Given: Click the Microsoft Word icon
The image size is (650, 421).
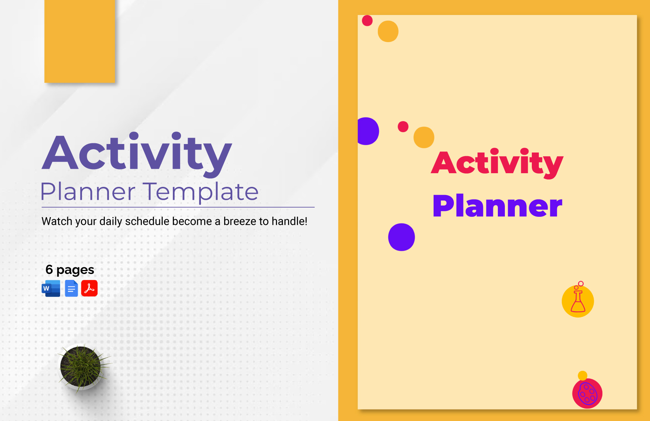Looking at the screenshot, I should (x=51, y=288).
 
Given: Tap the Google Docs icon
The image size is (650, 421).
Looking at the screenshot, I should (x=71, y=288).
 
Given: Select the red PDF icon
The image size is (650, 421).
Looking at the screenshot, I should (x=89, y=288).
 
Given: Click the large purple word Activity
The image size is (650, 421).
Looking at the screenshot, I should (x=137, y=153).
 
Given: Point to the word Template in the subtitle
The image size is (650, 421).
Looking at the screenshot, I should (x=201, y=192).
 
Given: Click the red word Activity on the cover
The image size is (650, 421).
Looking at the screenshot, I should (x=497, y=162).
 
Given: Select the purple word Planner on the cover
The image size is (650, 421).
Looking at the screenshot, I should (x=497, y=206).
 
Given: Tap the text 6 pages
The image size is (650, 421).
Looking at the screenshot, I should (x=69, y=270).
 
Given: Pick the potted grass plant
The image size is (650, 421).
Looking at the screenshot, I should (x=81, y=367).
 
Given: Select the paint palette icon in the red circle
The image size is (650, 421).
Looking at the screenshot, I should (x=587, y=394).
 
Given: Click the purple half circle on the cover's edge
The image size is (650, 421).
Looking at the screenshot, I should (x=367, y=131).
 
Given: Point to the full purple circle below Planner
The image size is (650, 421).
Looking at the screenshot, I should (x=401, y=237).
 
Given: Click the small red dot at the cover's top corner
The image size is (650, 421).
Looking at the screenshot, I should (x=367, y=21).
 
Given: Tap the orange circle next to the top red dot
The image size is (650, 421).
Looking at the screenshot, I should (x=388, y=31).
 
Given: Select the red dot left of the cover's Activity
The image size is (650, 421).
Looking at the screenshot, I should (x=403, y=127).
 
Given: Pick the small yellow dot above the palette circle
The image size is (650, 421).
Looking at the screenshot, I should (x=582, y=376).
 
